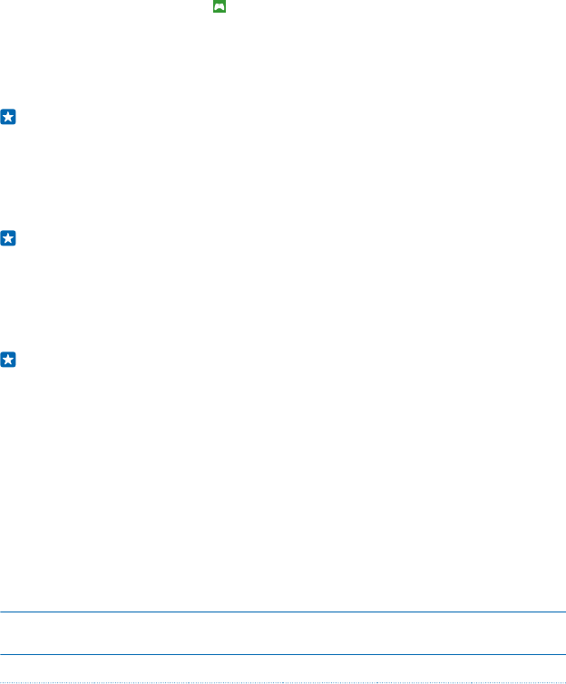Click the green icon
click(219, 6)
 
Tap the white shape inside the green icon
click(219, 6)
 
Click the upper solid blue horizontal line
click(283, 612)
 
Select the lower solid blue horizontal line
click(283, 655)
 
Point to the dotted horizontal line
click(283, 680)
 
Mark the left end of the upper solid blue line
click(1, 612)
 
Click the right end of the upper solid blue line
click(564, 612)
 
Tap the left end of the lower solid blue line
click(1, 655)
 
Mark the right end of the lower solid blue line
click(564, 655)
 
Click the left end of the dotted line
click(1, 680)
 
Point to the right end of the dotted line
click(564, 680)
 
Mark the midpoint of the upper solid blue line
click(283, 612)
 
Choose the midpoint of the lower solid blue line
click(283, 655)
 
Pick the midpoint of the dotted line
click(283, 680)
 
